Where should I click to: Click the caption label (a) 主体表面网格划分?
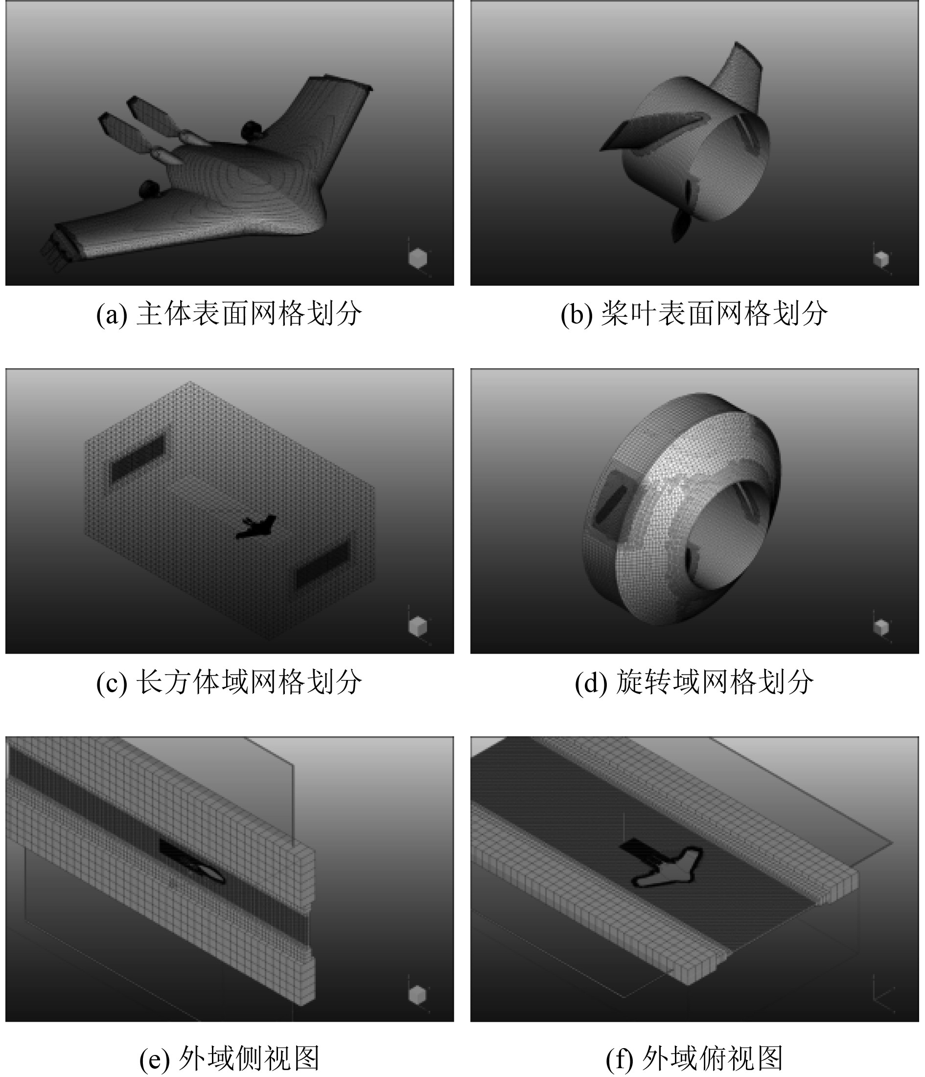coord(229,314)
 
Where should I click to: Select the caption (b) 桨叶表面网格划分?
coord(694,314)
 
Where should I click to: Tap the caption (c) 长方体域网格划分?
coord(229,682)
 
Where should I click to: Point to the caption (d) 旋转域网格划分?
coord(694,682)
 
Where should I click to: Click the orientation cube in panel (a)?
coord(417,258)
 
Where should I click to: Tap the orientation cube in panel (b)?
coord(881,259)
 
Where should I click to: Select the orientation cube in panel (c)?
coord(417,626)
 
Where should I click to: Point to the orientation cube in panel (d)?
coord(881,628)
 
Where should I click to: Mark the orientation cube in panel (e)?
coord(417,995)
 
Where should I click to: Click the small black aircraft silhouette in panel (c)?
coord(255,527)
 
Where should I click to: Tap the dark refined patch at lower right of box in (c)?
coord(323,564)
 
